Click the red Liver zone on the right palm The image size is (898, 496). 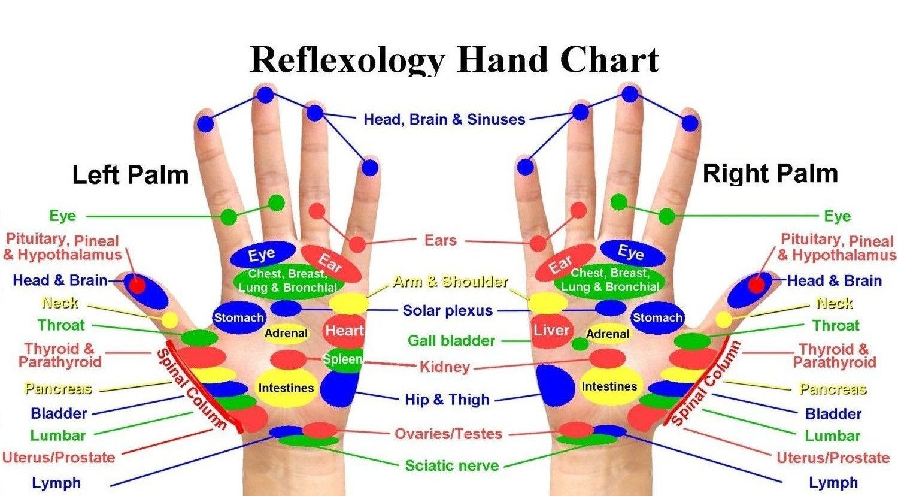point(551,331)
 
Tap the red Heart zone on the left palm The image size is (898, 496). point(344,331)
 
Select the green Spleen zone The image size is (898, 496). point(343,359)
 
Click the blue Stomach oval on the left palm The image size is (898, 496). point(239,317)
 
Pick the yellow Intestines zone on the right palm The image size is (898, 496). point(609,386)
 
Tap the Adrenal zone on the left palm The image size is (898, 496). point(286,333)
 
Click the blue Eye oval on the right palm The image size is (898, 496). point(633,253)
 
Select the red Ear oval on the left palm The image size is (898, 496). point(330,263)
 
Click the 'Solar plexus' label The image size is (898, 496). point(447,311)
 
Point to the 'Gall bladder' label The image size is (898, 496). point(451,341)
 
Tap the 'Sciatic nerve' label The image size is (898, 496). point(452,466)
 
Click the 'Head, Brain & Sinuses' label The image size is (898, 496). point(444,120)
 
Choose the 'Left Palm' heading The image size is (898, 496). point(131,175)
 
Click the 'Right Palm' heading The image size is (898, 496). point(770,174)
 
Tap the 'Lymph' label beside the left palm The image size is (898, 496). point(56,483)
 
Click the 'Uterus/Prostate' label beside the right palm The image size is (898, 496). point(833,458)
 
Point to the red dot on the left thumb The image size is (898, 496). point(136,286)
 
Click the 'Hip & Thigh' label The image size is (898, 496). point(447,400)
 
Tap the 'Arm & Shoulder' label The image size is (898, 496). point(450,282)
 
